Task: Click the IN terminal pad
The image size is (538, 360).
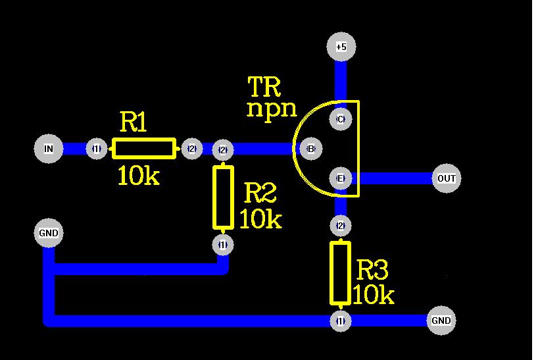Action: coord(49,149)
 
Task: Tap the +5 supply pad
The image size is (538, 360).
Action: coord(341,47)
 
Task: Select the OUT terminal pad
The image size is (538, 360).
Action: coord(447,178)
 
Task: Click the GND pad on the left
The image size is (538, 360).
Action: coord(49,233)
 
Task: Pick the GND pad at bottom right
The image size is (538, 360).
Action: coord(441,321)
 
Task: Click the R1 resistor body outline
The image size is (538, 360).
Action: coord(144,149)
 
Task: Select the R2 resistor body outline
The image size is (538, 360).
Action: coord(223,197)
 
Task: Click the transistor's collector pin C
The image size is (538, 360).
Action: coord(340,119)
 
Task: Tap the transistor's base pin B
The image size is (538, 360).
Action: coord(310,149)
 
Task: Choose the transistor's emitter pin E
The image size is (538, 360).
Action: coord(340,178)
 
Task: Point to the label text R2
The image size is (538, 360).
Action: coord(260,193)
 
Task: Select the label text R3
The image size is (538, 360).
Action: coord(372,270)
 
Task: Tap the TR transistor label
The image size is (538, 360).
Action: coord(264,86)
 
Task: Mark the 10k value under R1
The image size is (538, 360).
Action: coord(138,176)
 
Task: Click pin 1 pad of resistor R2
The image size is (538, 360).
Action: coord(223,245)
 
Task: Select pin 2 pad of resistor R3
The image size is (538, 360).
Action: coord(340,226)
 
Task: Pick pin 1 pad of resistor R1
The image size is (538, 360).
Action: coord(97,149)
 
